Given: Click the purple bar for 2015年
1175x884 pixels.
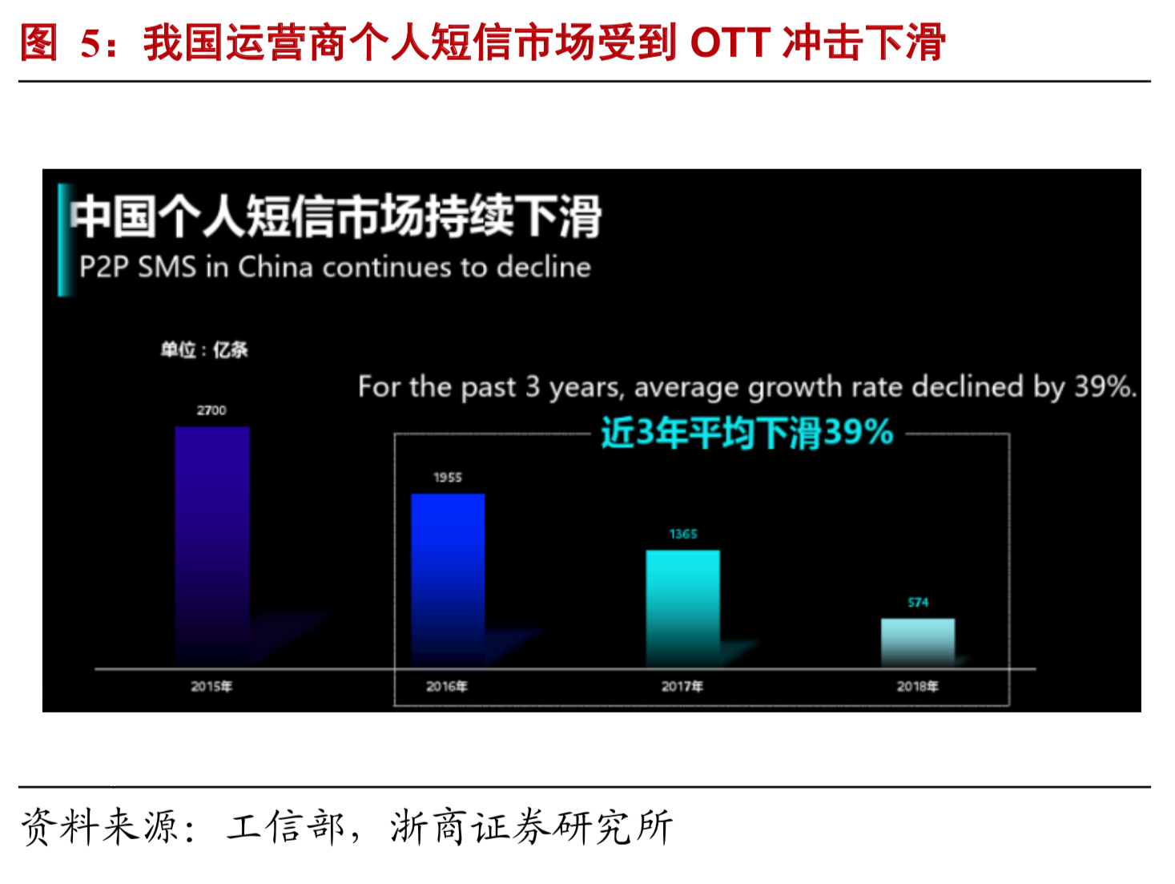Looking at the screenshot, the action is (x=212, y=547).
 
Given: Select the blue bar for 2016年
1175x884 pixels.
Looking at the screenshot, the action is (x=448, y=580).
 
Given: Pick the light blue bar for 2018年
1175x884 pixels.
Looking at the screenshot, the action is (x=918, y=643).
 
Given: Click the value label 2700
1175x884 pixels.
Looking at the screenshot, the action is (x=211, y=410).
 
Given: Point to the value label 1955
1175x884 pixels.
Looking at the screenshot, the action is (x=448, y=477).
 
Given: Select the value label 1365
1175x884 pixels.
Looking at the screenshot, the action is (x=683, y=534).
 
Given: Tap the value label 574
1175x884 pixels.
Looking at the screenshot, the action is (x=918, y=603).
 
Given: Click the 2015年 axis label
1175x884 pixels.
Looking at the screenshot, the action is (x=211, y=686).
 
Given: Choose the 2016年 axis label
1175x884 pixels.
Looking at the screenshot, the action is (x=447, y=686).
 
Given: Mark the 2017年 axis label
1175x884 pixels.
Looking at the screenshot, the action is (x=682, y=686).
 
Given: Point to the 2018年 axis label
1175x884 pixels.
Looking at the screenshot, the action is (x=918, y=686).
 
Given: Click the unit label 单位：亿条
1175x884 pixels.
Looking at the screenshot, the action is (x=204, y=349).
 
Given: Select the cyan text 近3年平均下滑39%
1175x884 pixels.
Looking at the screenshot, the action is (x=746, y=432).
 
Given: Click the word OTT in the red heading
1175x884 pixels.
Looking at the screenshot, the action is (x=730, y=42).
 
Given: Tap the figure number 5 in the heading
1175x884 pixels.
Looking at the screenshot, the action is (x=90, y=42).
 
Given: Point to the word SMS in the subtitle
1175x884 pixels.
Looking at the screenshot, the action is (x=167, y=267).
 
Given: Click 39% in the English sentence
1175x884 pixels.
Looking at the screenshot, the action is (x=1104, y=386).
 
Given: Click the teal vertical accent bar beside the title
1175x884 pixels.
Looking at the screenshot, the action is (x=66, y=240).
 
